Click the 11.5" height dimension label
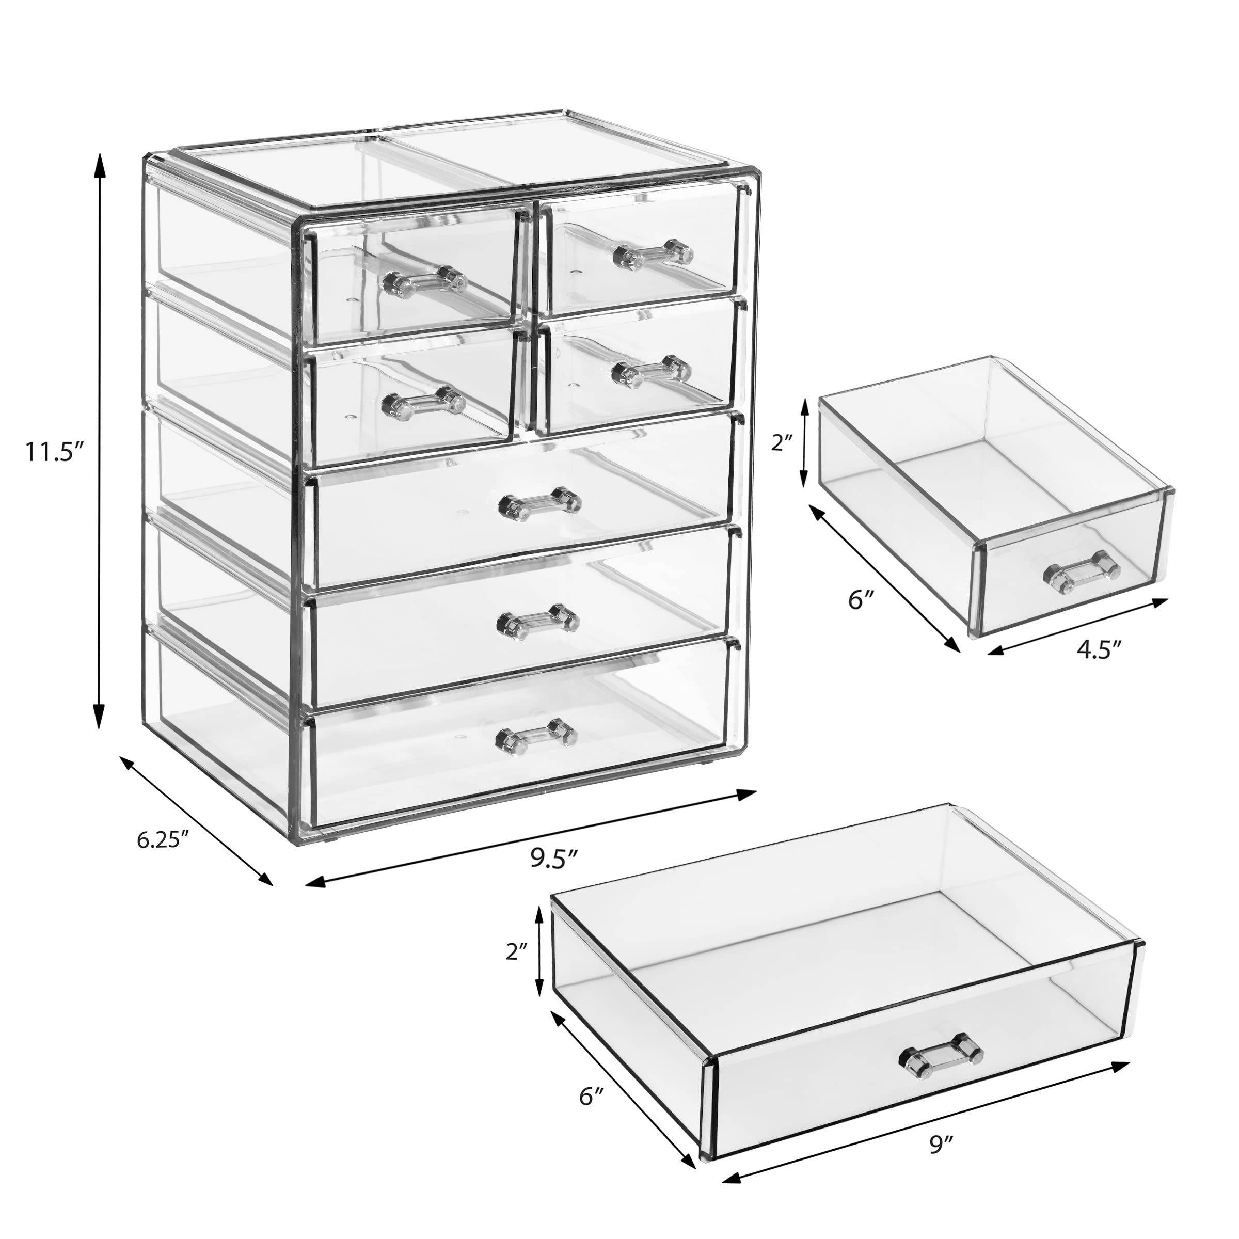[x=55, y=452]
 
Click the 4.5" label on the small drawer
[x=1099, y=649]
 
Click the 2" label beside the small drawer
[x=783, y=442]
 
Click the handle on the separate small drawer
[x=1082, y=569]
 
